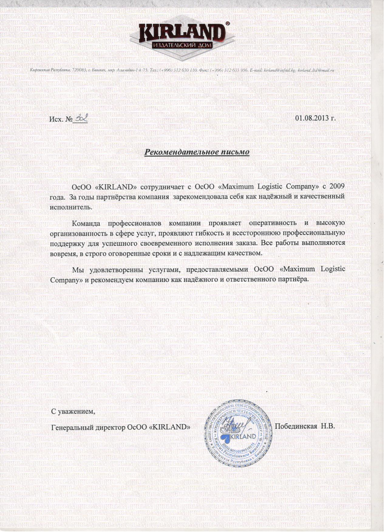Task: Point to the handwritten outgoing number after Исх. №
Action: [x=80, y=117]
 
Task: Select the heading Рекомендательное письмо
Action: [x=197, y=151]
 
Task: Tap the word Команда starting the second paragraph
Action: [x=86, y=223]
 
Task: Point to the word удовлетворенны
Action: [x=114, y=269]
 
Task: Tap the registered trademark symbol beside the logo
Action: [x=228, y=23]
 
